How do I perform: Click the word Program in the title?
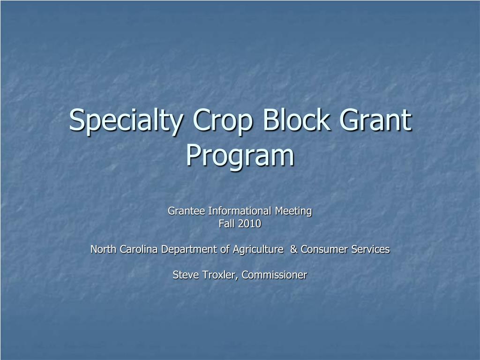pyautogui.click(x=240, y=157)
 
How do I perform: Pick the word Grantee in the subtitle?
pyautogui.click(x=187, y=211)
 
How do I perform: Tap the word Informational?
pyautogui.click(x=240, y=211)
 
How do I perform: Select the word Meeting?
pyautogui.click(x=293, y=211)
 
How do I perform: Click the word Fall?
pyautogui.click(x=226, y=224)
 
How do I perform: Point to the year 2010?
pyautogui.click(x=249, y=224)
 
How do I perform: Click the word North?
pyautogui.click(x=103, y=249)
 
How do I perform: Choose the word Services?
pyautogui.click(x=371, y=249)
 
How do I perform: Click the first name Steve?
pyautogui.click(x=184, y=275)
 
